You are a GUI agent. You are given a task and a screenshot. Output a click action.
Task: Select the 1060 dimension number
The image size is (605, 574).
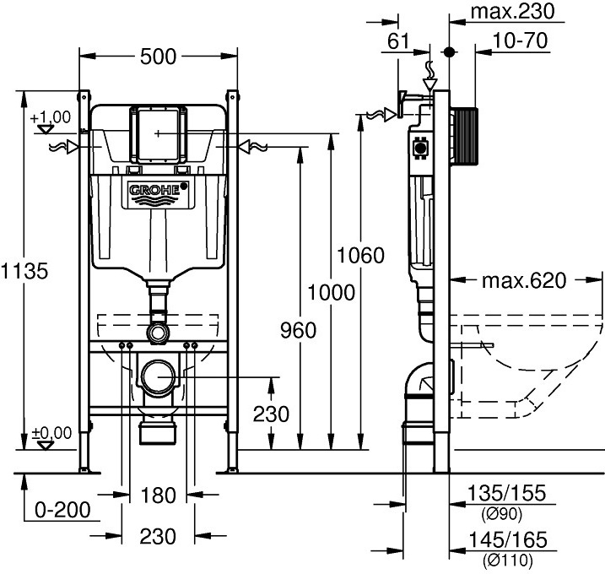pyautogui.click(x=360, y=255)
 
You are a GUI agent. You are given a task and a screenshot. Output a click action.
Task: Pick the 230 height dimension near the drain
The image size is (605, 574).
pyautogui.click(x=270, y=414)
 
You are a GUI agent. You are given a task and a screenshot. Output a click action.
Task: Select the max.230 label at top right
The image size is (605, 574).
pyautogui.click(x=511, y=11)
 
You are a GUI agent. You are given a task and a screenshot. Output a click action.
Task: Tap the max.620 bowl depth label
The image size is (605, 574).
pyautogui.click(x=523, y=279)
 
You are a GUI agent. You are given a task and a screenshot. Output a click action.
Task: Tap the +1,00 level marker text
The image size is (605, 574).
pyautogui.click(x=51, y=117)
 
